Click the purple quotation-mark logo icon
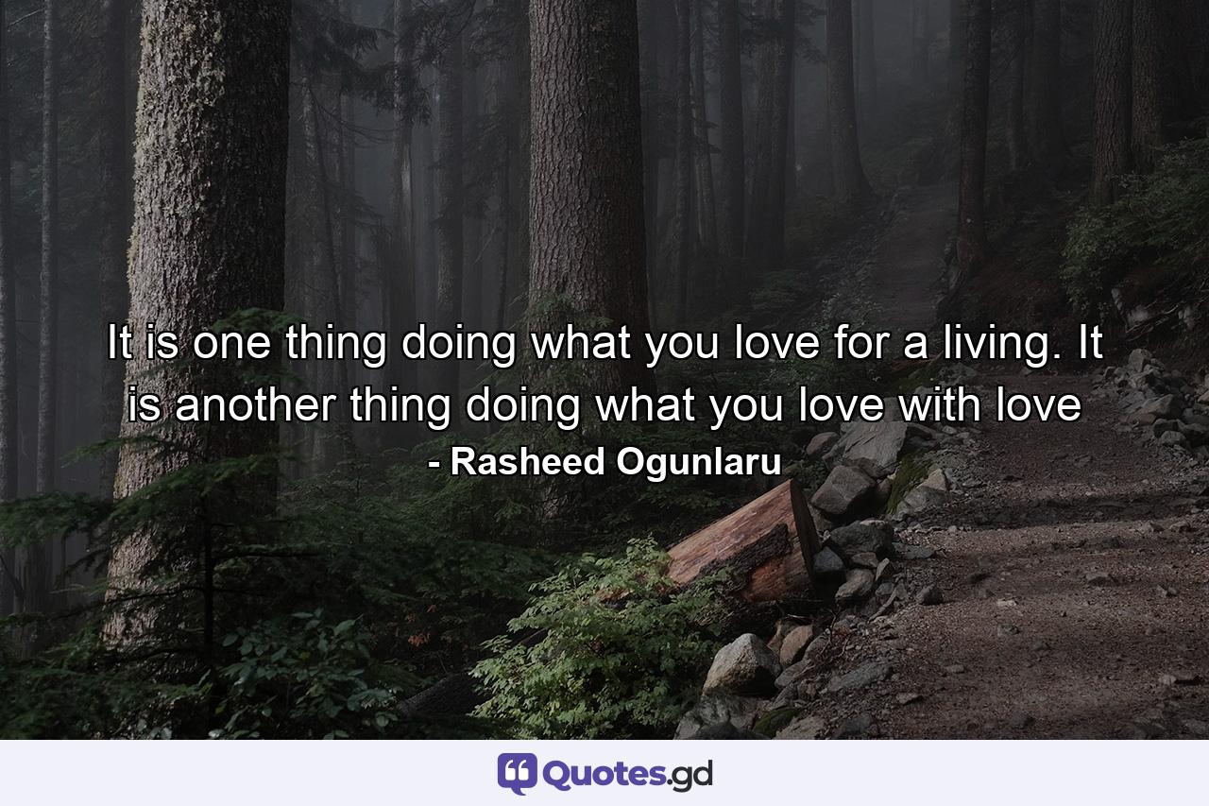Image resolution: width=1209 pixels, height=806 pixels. (x=517, y=773)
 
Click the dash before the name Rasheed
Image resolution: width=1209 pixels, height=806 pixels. (x=434, y=463)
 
